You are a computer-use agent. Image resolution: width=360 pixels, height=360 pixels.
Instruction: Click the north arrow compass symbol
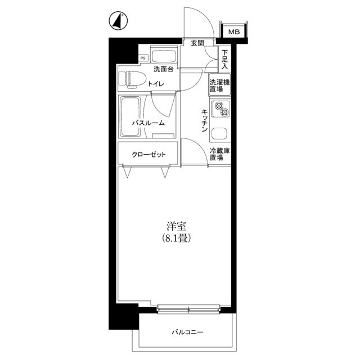point(118,21)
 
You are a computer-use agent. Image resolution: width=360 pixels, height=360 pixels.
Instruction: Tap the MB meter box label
point(234,31)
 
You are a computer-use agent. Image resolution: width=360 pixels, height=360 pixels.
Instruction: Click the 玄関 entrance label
point(197,43)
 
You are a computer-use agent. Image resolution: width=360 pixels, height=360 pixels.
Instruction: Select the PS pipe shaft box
point(143,58)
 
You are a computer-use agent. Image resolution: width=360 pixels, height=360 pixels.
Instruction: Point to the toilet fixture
point(133,79)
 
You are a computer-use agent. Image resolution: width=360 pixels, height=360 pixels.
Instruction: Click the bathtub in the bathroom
point(130,116)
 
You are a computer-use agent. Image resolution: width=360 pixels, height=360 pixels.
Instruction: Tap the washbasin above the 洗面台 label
point(164,55)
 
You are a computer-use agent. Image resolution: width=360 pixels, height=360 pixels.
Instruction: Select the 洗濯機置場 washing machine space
point(219,84)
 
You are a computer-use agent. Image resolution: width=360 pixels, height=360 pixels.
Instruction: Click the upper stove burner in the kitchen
point(218,106)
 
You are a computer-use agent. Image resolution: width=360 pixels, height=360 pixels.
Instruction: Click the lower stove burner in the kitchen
point(225,112)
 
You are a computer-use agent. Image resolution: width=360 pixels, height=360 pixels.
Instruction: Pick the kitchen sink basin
point(219,134)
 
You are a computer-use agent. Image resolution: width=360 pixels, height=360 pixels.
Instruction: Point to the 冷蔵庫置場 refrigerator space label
point(220,154)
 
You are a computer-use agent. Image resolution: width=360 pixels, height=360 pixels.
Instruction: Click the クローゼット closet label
point(148,154)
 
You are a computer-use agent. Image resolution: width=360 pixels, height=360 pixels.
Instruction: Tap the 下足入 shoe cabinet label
point(224,60)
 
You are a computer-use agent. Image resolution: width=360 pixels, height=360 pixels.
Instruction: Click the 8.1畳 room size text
point(176,238)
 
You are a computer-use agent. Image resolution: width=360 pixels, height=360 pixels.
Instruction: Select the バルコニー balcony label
point(187,332)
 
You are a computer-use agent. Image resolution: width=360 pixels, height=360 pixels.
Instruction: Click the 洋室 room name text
point(176,226)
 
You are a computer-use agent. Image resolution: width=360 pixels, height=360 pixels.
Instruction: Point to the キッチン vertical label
point(204,120)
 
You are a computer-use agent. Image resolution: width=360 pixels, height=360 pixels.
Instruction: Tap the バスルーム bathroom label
point(148,123)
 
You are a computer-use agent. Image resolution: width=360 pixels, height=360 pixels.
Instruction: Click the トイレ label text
point(156,84)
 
